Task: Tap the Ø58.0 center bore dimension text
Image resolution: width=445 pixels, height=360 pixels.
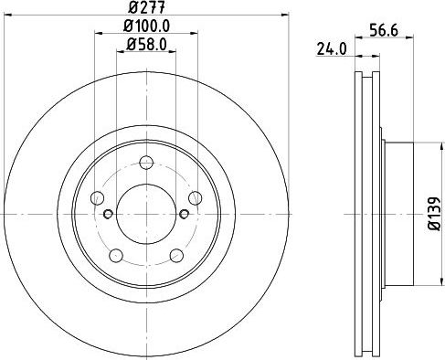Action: pos(146,43)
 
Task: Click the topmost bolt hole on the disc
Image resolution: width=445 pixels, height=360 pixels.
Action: pos(146,164)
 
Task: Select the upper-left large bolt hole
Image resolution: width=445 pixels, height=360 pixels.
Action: pos(99,198)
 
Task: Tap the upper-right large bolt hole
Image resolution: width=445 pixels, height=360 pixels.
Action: pos(194,198)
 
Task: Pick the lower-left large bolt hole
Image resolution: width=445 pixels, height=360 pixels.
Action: pos(117,254)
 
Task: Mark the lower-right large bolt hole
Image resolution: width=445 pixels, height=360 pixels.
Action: pos(175,254)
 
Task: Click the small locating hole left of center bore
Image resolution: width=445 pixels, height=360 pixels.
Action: pos(109,214)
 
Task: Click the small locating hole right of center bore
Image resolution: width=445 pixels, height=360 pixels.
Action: pos(184,214)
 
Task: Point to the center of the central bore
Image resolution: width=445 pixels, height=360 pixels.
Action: pos(146,214)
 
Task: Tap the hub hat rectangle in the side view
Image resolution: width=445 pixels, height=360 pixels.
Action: pos(399,213)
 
